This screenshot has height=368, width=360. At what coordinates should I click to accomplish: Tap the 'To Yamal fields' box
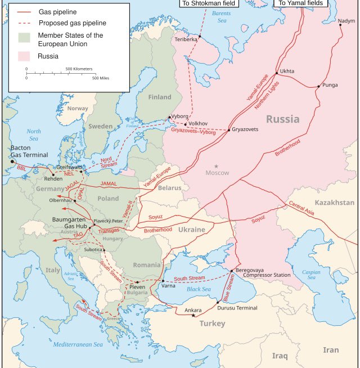click(x=300, y=3)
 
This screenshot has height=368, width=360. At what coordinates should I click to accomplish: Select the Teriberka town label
click(x=186, y=39)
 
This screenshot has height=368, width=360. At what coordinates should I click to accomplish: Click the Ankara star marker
click(x=193, y=315)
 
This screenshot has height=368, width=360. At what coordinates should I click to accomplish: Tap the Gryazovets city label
click(x=245, y=129)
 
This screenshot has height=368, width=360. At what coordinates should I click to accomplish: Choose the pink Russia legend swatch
click(x=24, y=56)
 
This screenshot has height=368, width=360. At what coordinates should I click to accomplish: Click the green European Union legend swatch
click(x=24, y=38)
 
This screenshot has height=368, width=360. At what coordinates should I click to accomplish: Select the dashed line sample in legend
click(x=24, y=23)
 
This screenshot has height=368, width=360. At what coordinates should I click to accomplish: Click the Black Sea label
click(x=199, y=289)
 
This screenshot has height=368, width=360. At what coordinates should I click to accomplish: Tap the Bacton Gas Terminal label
click(x=29, y=151)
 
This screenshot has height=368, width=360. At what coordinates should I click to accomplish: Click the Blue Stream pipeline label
click(x=230, y=286)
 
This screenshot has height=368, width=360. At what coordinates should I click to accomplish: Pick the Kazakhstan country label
click(x=335, y=203)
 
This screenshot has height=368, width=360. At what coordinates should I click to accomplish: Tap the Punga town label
click(x=330, y=86)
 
